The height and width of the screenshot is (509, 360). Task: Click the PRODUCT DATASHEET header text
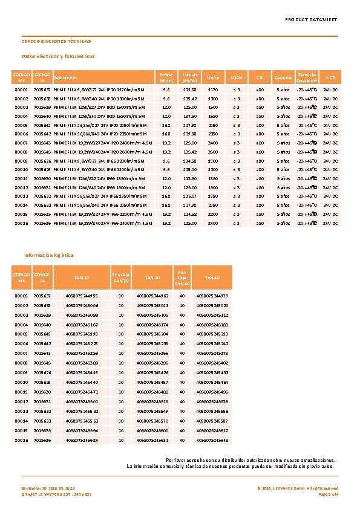(x=311, y=20)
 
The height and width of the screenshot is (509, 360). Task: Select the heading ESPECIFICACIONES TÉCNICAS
(x=56, y=42)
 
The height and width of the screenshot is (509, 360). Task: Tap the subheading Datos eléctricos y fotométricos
(x=58, y=56)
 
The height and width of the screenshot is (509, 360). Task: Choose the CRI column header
(x=260, y=77)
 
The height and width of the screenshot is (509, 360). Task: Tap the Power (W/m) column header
(x=166, y=77)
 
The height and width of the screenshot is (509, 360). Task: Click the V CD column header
(x=331, y=77)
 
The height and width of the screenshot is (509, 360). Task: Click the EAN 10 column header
(x=82, y=277)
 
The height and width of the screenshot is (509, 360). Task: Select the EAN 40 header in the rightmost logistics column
(x=212, y=277)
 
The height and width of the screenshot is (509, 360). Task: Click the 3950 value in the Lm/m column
(x=213, y=196)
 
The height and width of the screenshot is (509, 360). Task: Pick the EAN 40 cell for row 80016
(x=212, y=441)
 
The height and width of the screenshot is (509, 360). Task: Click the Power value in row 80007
(x=166, y=143)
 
